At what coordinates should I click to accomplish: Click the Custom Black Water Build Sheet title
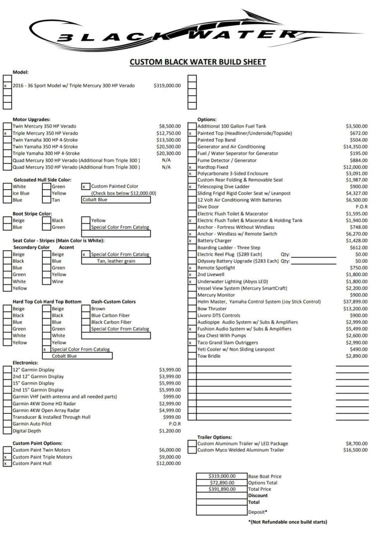point(198,62)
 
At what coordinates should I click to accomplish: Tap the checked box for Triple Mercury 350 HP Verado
point(7,133)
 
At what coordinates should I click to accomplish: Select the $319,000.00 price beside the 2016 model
point(167,85)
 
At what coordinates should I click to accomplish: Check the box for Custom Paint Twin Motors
point(7,450)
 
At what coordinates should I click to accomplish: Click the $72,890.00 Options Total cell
point(222,482)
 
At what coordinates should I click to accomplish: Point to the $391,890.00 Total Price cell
point(222,489)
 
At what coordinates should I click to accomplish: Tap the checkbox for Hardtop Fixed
point(192,167)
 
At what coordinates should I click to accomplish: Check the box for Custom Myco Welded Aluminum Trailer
point(192,450)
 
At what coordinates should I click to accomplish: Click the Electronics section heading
point(25,362)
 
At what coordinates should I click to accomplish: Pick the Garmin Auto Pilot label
point(33,424)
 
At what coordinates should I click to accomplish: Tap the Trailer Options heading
point(215,437)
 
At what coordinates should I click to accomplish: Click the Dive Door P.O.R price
point(361,207)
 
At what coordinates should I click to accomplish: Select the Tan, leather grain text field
point(116,261)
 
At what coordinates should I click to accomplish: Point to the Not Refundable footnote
point(287,522)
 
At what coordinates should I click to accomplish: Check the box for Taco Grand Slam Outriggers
point(192,342)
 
